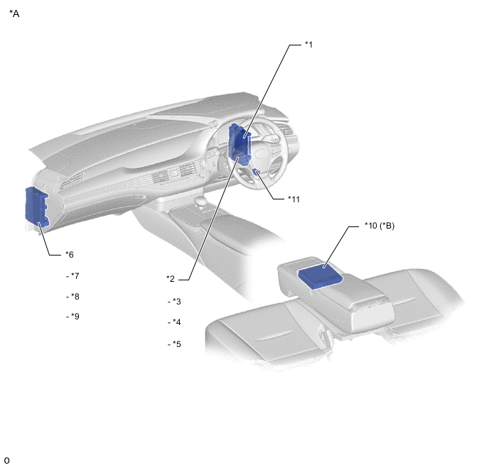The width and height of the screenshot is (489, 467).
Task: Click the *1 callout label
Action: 308,45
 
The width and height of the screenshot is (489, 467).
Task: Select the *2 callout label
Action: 171,279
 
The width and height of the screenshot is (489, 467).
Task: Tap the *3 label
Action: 176,302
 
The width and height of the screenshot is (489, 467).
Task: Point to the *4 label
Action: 176,322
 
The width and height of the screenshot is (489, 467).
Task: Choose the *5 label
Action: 176,344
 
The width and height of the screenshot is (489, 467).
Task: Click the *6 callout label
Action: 70,255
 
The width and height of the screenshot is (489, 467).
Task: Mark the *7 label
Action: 75,276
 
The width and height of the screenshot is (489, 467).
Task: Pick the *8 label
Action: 75,297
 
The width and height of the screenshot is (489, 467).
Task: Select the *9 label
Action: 75,317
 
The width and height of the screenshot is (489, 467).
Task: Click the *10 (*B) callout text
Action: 380,226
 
